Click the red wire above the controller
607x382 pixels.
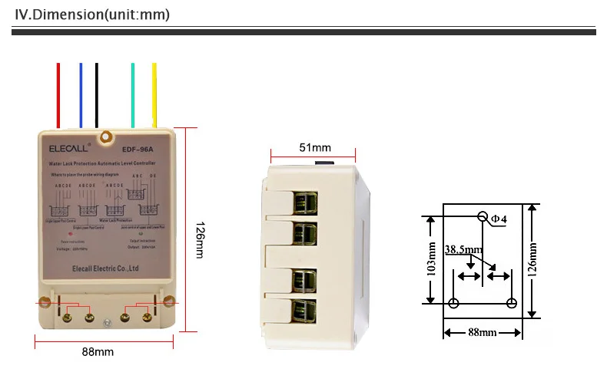coord(58,92)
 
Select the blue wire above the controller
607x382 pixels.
coord(81,92)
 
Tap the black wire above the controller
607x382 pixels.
coord(96,92)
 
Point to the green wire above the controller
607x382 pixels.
coord(133,92)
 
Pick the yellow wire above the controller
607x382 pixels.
coord(154,92)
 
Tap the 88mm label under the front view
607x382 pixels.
coord(98,351)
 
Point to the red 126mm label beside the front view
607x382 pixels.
coord(201,239)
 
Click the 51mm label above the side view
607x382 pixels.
coord(315,147)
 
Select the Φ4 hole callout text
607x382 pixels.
coord(499,219)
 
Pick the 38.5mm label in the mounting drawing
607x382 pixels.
coord(463,249)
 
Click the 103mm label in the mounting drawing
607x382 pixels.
coord(430,259)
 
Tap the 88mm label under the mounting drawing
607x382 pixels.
coord(481,332)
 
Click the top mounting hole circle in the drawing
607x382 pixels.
coord(483,217)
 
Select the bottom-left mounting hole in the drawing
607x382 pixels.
coord(453,304)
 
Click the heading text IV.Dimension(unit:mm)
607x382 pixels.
coord(92,15)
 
